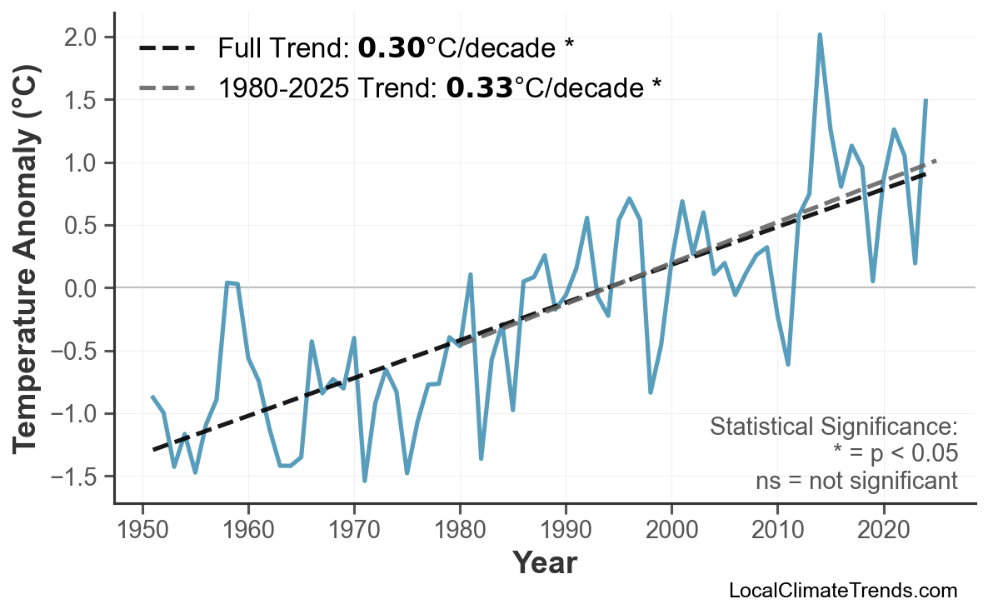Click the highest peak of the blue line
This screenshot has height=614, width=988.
pyautogui.click(x=820, y=35)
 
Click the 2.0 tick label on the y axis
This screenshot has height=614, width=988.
pyautogui.click(x=83, y=37)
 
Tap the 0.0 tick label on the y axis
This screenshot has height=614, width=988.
pyautogui.click(x=83, y=288)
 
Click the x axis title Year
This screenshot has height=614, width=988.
pyautogui.click(x=544, y=563)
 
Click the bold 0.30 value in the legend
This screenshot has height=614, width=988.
pyautogui.click(x=391, y=48)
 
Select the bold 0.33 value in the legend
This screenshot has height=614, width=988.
pyautogui.click(x=479, y=87)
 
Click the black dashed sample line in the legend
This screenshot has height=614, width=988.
pyautogui.click(x=167, y=48)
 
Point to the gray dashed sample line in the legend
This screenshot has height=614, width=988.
pyautogui.click(x=167, y=87)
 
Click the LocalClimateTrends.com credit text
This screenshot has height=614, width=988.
pyautogui.click(x=842, y=591)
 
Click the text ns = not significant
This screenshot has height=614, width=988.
pyautogui.click(x=856, y=481)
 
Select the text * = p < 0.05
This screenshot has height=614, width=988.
pyautogui.click(x=895, y=454)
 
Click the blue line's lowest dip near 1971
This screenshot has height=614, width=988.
pyautogui.click(x=365, y=481)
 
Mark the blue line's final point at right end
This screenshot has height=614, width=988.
pyautogui.click(x=926, y=100)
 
